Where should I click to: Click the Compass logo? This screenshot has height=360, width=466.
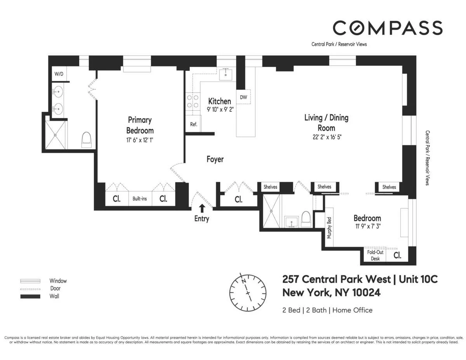[x=387, y=28]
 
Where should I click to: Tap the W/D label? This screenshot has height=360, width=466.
[x=59, y=74]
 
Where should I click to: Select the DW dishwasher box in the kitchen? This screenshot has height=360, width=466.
[x=243, y=97]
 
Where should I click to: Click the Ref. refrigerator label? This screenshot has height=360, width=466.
[x=193, y=125]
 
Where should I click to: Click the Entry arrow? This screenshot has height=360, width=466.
[x=202, y=209]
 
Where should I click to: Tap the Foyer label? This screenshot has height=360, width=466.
[x=215, y=159]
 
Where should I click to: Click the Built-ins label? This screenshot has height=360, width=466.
[x=140, y=199]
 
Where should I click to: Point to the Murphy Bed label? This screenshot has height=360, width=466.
[x=329, y=228]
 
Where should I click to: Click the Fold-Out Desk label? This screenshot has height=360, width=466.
[x=375, y=255]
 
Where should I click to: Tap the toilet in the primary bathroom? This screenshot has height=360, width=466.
[x=86, y=139]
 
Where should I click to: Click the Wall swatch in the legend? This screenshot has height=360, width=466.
[x=30, y=296]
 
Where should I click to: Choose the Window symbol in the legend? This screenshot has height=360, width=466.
[x=30, y=280]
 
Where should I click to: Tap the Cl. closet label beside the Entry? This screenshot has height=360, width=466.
[x=238, y=200]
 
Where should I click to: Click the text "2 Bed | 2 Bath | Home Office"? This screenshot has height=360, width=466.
[x=327, y=310]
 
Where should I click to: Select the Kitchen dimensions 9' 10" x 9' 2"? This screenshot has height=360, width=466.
[x=220, y=110]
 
